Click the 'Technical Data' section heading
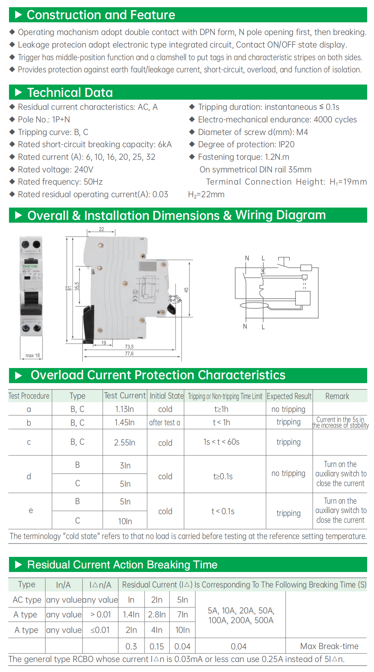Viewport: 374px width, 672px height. pos(70,92)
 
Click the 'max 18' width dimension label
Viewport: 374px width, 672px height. pos(32,355)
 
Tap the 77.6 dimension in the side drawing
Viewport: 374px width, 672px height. pos(129,354)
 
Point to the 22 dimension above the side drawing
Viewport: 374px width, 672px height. pos(101,229)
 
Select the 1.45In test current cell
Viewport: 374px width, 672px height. pos(124,422)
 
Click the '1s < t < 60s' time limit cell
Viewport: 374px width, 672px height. pos(221,442)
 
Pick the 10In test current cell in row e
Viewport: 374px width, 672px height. pos(125,521)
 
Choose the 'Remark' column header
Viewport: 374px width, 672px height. pos(337,396)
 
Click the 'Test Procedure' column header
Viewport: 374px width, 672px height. pos(29,396)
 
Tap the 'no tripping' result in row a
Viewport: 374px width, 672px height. pos(288,409)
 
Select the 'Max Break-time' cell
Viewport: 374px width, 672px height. pos(329,646)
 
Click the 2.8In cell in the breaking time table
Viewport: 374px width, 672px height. pos(157,614)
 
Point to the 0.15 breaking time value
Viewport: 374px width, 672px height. pos(157,646)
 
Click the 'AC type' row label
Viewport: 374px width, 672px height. pos(27,600)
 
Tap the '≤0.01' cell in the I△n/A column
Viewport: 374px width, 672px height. pos(100,630)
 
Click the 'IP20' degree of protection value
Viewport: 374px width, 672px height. pos(286,144)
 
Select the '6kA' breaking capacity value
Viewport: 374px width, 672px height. pos(165,144)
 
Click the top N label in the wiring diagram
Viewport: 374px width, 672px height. pos(247,258)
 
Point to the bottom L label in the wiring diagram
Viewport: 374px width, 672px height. pos(263,327)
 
